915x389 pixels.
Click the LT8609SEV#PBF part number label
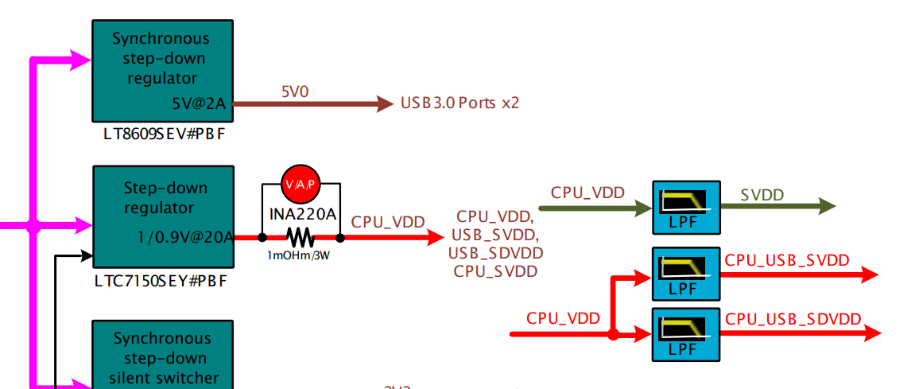(x=164, y=134)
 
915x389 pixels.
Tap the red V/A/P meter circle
(x=300, y=184)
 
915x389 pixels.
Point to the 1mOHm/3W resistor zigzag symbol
(x=300, y=237)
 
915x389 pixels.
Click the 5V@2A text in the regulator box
(x=199, y=103)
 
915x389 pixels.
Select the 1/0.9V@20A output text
(x=184, y=236)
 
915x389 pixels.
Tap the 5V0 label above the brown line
(x=294, y=92)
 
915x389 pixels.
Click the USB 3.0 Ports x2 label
(x=459, y=103)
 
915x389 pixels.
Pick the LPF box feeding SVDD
(x=685, y=208)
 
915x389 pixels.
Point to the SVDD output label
(x=762, y=195)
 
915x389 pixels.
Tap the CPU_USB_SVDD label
(x=787, y=260)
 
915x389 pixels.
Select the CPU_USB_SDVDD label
(x=793, y=319)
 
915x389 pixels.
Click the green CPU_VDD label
(x=587, y=193)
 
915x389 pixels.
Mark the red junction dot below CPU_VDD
(x=613, y=335)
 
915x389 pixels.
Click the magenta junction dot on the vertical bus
(x=33, y=226)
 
